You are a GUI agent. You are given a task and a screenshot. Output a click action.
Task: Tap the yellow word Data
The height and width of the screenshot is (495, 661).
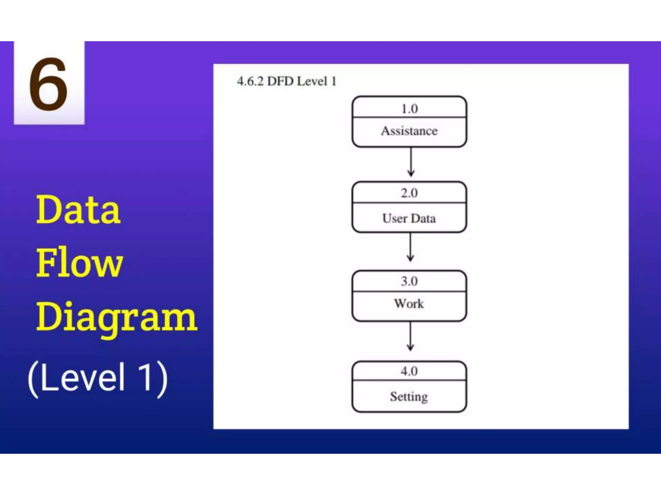click(x=78, y=210)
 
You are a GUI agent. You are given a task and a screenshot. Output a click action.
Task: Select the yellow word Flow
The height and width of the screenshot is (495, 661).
click(x=79, y=263)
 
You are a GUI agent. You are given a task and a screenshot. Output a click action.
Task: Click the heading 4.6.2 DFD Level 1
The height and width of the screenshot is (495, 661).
click(x=287, y=81)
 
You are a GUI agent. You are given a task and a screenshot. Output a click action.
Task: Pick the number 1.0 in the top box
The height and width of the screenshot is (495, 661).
click(x=409, y=109)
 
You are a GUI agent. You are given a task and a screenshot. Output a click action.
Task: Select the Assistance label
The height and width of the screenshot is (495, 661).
click(x=409, y=131)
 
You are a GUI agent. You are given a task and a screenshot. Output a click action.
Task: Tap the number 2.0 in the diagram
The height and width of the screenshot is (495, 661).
click(x=409, y=193)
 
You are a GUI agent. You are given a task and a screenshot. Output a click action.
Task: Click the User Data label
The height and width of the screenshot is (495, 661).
click(x=409, y=218)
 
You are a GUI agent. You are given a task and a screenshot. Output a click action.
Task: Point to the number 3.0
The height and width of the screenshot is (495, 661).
click(x=409, y=281)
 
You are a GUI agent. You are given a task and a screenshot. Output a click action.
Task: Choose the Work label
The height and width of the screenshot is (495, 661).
click(x=409, y=304)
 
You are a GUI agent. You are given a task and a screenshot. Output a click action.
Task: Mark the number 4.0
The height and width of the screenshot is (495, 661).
click(x=409, y=371)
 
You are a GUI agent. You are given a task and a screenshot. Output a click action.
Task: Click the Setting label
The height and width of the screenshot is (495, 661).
click(x=409, y=396)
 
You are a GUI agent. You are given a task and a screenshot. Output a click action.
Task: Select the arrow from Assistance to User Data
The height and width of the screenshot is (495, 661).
click(x=411, y=162)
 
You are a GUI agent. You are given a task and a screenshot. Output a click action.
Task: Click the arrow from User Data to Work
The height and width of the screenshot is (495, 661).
click(x=410, y=247)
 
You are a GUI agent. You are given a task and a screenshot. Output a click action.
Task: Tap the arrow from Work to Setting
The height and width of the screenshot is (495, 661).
click(x=410, y=336)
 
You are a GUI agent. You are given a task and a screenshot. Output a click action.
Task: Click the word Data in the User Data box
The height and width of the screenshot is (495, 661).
click(x=423, y=218)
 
